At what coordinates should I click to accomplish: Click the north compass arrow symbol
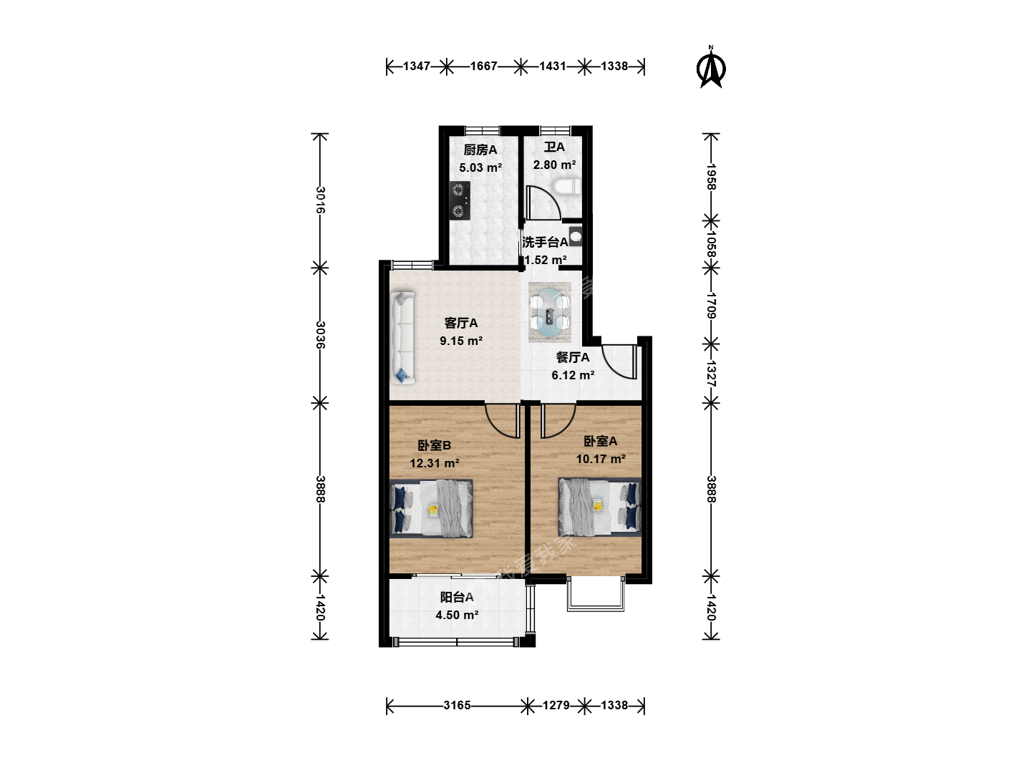click(711, 69)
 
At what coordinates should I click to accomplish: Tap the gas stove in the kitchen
click(459, 200)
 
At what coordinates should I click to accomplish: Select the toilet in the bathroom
click(567, 186)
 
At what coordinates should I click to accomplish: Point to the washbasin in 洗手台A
click(576, 236)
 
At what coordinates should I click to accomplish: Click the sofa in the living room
click(402, 338)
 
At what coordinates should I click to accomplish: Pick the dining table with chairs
click(549, 312)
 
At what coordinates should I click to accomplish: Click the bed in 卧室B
click(431, 508)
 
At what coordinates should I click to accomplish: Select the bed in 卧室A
click(600, 507)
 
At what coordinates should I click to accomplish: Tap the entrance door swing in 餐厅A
click(619, 362)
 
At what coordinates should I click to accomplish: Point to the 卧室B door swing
click(503, 421)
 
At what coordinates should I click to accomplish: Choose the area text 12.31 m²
click(434, 463)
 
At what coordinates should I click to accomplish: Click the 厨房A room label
click(480, 150)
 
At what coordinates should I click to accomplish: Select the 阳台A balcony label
click(457, 597)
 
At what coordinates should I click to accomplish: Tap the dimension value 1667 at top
click(483, 66)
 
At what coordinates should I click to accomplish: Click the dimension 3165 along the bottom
click(457, 706)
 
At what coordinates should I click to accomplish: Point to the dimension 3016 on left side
click(320, 200)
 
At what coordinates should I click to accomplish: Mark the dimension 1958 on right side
click(711, 177)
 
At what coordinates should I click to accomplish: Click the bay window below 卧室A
click(596, 594)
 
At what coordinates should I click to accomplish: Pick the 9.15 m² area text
click(461, 341)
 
